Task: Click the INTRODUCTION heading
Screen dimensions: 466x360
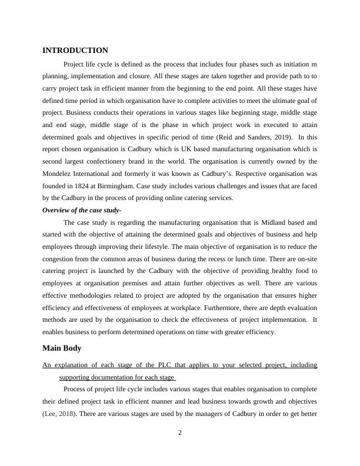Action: (x=75, y=51)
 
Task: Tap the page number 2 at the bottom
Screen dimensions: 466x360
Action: (x=180, y=432)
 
